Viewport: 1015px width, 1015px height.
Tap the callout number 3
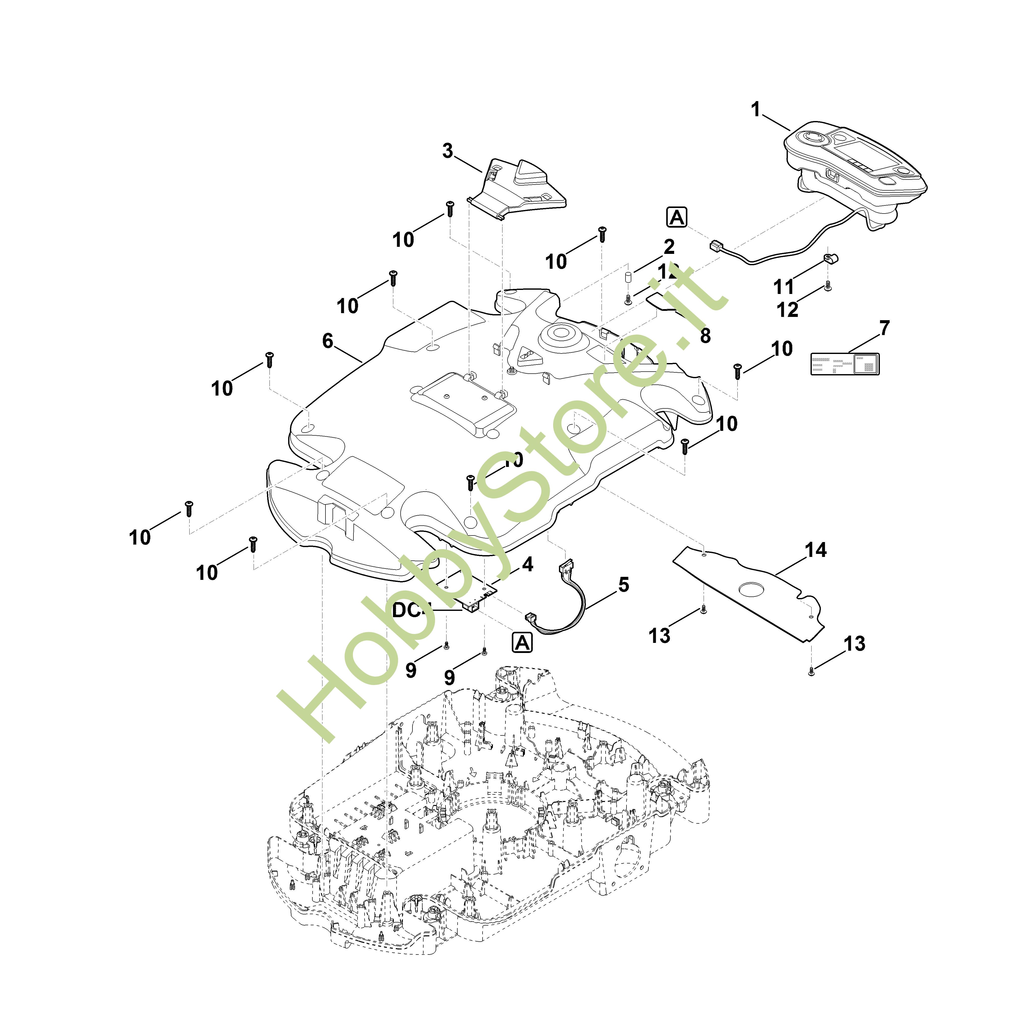point(447,151)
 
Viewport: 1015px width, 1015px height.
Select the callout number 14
point(816,550)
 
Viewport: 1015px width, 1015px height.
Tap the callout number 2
point(669,246)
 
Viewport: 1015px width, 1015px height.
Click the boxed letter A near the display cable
point(677,217)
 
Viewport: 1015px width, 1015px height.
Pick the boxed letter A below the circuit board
point(522,643)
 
